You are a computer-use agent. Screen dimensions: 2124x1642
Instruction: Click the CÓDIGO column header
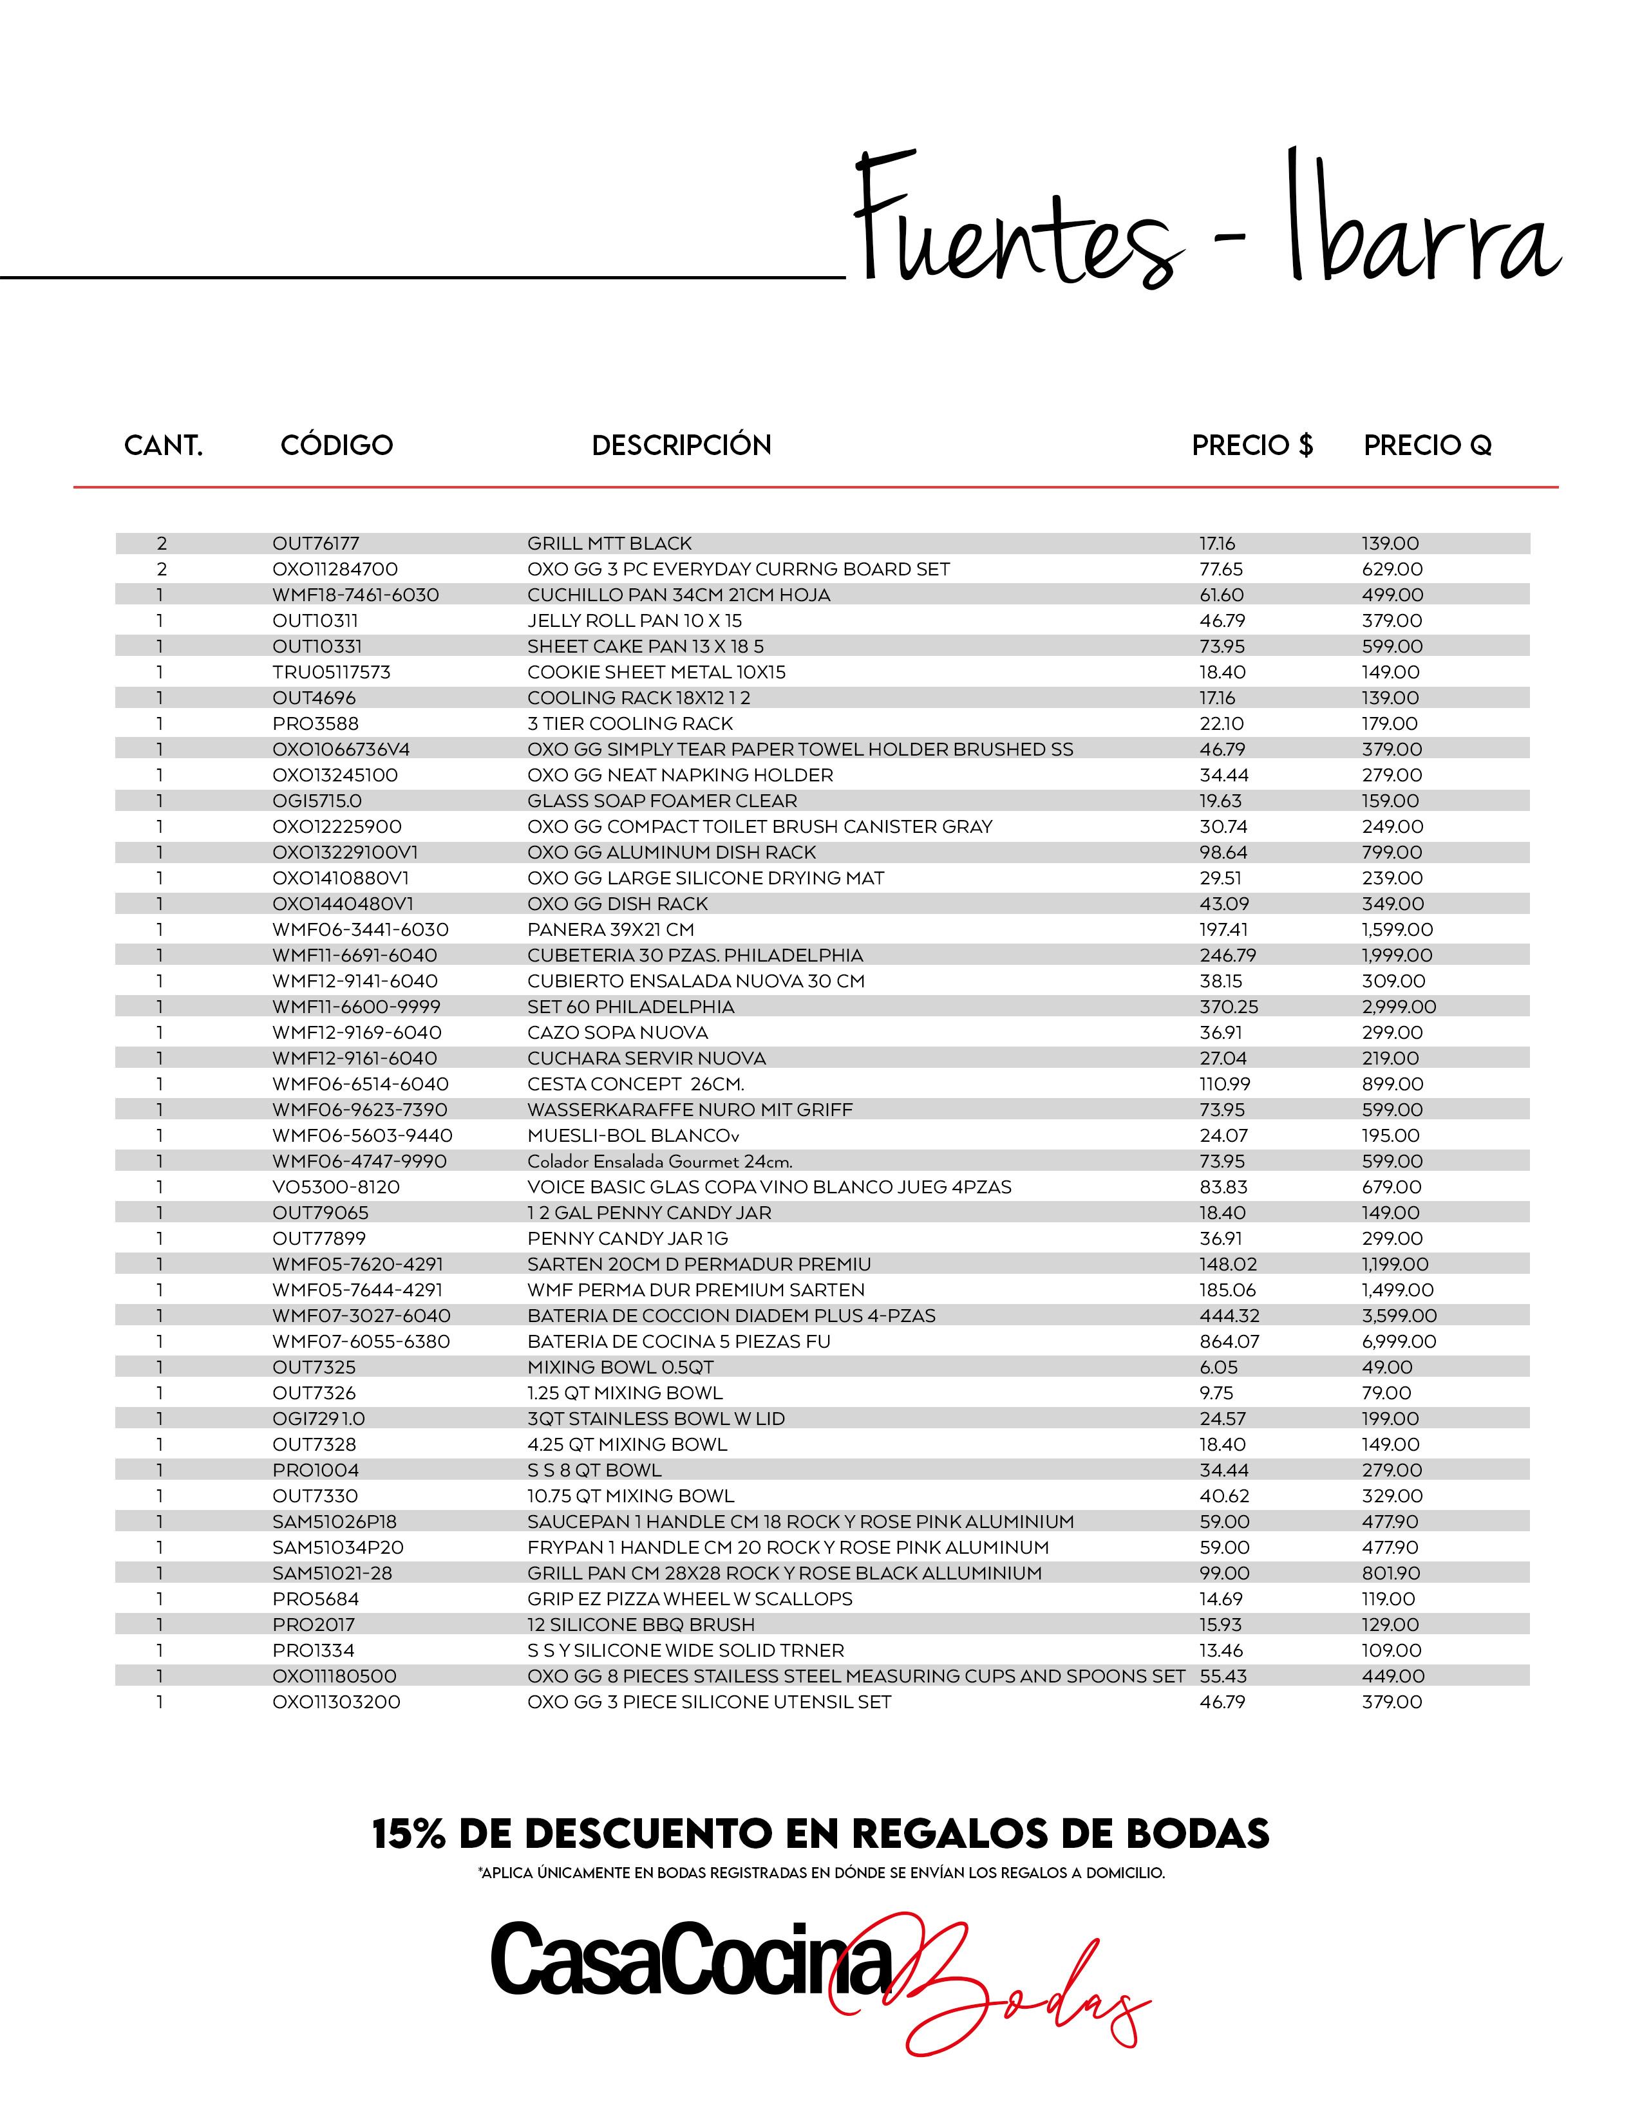pyautogui.click(x=337, y=445)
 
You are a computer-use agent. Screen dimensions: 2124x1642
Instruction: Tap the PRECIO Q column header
pyautogui.click(x=1427, y=445)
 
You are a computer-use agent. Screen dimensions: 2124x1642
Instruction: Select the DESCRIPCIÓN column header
pyautogui.click(x=681, y=445)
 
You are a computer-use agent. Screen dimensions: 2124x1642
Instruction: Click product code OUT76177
pyautogui.click(x=316, y=544)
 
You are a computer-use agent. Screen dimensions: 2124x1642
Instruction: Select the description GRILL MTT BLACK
pyautogui.click(x=610, y=544)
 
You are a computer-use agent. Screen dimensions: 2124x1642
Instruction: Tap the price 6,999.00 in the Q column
pyautogui.click(x=1399, y=1341)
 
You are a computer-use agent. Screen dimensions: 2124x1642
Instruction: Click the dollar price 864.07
pyautogui.click(x=1229, y=1341)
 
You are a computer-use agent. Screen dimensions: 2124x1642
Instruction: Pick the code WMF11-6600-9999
pyautogui.click(x=356, y=1007)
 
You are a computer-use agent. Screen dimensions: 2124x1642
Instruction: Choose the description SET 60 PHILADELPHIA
pyautogui.click(x=631, y=1007)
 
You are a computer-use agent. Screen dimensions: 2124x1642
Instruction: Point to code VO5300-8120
pyautogui.click(x=335, y=1186)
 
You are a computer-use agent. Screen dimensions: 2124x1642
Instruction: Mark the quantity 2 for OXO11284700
pyautogui.click(x=162, y=569)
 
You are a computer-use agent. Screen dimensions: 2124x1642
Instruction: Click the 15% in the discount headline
pyautogui.click(x=408, y=1834)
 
